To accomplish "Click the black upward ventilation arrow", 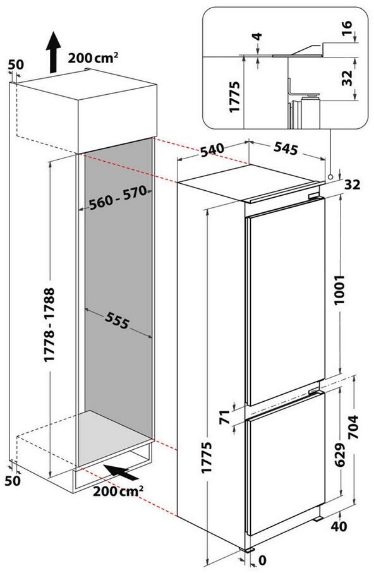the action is (53, 52).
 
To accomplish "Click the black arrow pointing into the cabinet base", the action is (121, 472).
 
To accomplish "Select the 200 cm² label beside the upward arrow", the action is (93, 57).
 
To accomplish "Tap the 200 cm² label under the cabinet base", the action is (118, 490).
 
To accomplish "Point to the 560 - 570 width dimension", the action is (118, 198).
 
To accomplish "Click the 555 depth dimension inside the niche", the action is (118, 321).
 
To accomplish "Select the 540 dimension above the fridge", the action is (212, 150).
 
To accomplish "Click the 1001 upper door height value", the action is (340, 290).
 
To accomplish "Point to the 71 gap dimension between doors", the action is (224, 417).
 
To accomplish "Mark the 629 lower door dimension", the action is (340, 454).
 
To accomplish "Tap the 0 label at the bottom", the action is (262, 560).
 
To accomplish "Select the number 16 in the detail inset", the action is (347, 28).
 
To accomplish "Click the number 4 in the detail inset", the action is (258, 37).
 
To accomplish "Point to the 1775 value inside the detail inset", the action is (234, 97).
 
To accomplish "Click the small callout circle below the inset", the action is (330, 176).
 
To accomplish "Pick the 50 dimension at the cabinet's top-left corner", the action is (16, 64).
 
